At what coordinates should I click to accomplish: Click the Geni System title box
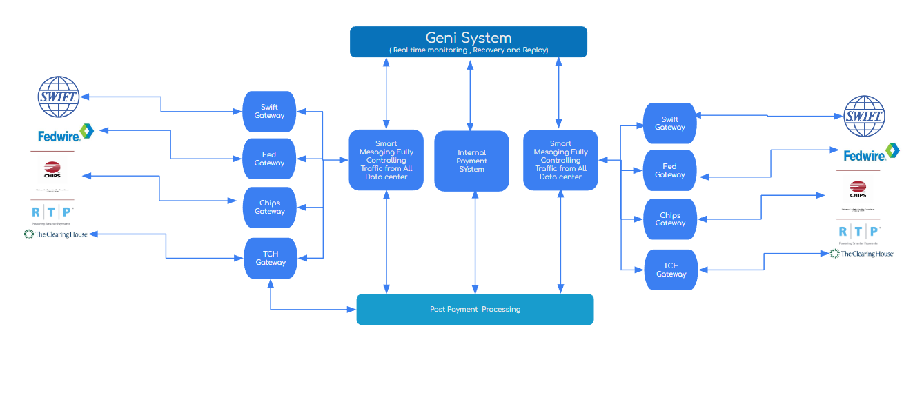click(x=468, y=41)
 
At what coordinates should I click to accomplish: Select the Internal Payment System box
click(x=471, y=161)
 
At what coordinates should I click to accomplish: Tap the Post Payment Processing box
click(x=475, y=309)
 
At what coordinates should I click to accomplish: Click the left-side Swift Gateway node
click(x=269, y=112)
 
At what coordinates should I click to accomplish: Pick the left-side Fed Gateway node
click(x=269, y=159)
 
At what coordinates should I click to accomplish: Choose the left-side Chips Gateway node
click(x=269, y=207)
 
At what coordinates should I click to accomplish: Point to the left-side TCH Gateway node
click(x=271, y=258)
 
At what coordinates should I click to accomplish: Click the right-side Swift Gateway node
click(x=669, y=123)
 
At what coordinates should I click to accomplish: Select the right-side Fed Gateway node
click(x=669, y=170)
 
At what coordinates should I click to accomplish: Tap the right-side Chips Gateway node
click(x=670, y=219)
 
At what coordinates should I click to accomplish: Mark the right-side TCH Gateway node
click(x=671, y=270)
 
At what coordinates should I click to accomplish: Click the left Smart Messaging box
click(x=386, y=160)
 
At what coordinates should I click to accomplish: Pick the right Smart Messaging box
click(x=560, y=160)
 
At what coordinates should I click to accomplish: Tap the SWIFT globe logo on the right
click(x=864, y=116)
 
